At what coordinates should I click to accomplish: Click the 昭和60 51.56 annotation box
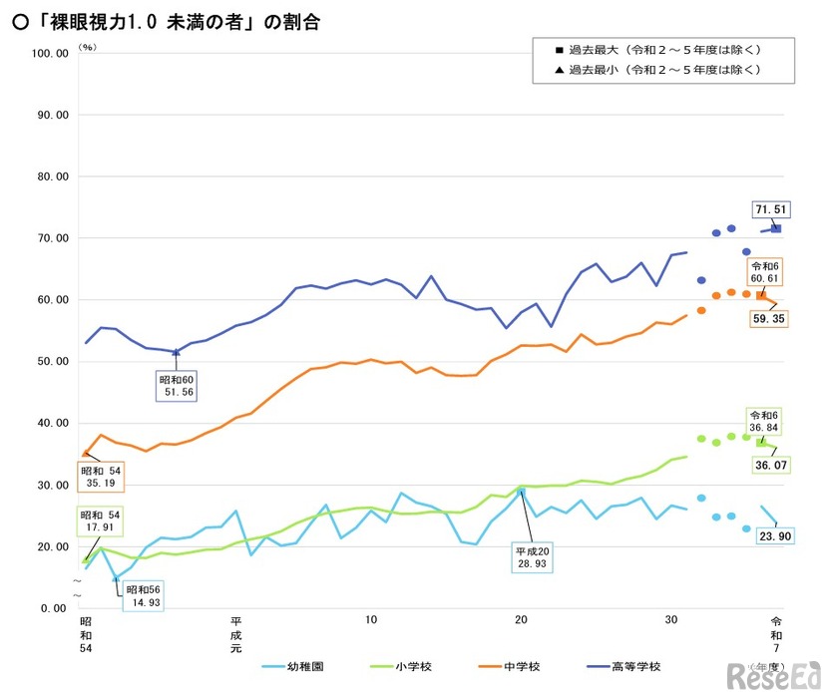[x=176, y=387]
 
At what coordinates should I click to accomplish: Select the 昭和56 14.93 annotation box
[x=143, y=594]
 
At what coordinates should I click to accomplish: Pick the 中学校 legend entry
[x=510, y=667]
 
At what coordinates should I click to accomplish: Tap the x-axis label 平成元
[x=235, y=635]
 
